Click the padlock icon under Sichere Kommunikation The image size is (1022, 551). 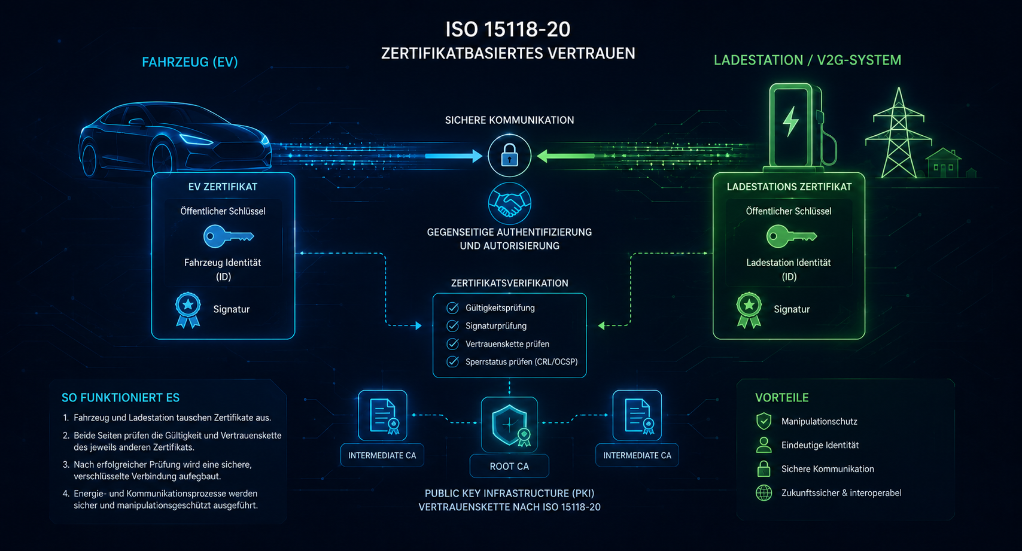[x=509, y=156]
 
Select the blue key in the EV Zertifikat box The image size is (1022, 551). [x=227, y=236]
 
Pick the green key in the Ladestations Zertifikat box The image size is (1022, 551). [x=791, y=236]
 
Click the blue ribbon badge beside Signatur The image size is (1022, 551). [x=188, y=310]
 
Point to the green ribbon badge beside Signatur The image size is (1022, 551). [x=749, y=310]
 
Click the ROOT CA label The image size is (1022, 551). [x=509, y=467]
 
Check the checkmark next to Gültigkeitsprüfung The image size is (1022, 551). [x=452, y=308]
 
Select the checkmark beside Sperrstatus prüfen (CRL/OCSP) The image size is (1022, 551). [x=452, y=362]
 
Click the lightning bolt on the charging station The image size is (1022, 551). [x=790, y=122]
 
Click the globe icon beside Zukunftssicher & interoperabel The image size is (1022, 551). [x=764, y=493]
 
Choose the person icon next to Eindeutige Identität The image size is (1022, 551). [x=764, y=445]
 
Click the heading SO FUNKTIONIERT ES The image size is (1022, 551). [x=120, y=398]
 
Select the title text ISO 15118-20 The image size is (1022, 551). [x=508, y=30]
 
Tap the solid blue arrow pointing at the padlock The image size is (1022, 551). [x=454, y=156]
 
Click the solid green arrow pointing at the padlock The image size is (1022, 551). [x=565, y=156]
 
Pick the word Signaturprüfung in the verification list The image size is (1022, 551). [x=496, y=326]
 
